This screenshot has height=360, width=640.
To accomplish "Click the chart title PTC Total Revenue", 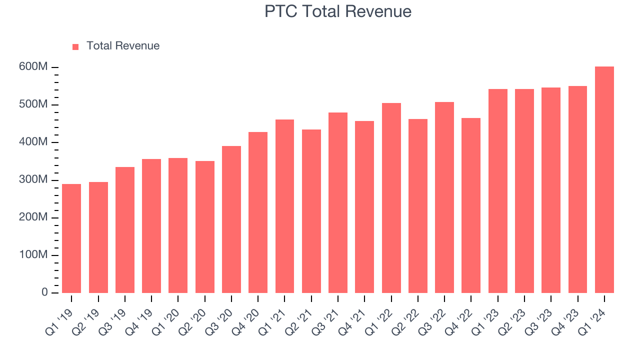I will pos(338,11).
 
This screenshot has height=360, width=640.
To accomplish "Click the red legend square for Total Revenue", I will pos(75,47).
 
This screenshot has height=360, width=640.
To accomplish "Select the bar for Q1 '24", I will pos(604,180).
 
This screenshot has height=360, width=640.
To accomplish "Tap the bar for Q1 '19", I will pos(71,238).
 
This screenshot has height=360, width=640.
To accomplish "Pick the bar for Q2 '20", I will pos(204,227).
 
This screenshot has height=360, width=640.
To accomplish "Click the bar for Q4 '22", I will pos(471,205).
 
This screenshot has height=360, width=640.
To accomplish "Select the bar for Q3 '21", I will pos(338,202).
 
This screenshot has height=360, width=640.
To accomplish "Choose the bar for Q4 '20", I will pos(258,212).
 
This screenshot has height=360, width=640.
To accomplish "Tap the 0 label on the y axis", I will pos(44,292).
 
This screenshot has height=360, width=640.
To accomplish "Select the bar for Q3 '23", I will pos(551,190).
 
